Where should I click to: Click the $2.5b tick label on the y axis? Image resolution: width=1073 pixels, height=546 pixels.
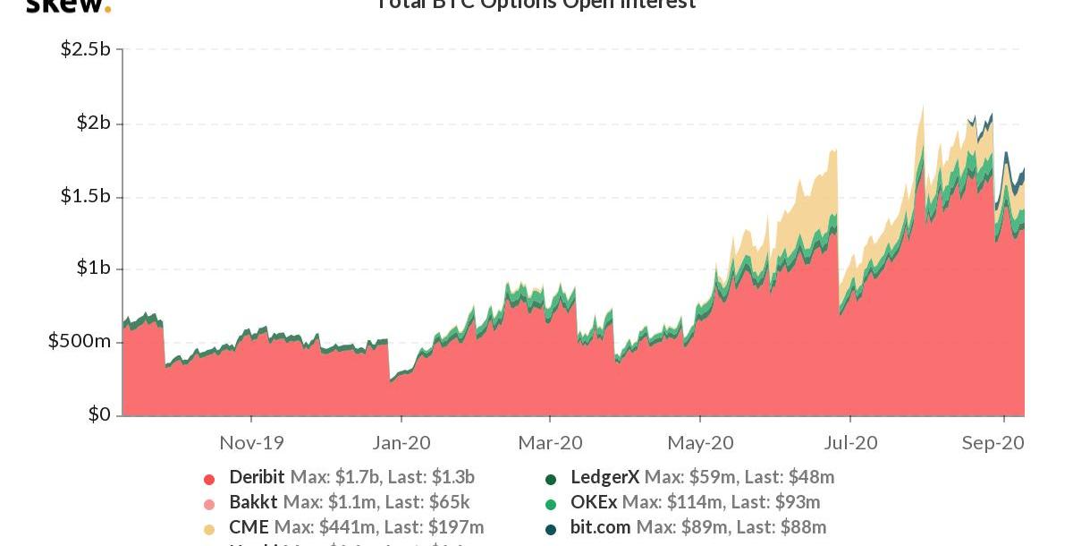pos(85,49)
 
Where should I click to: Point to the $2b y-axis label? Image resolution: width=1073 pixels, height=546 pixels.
pos(92,123)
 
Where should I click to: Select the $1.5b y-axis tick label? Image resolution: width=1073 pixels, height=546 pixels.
pos(85,196)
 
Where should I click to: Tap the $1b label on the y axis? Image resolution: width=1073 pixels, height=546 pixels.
pos(92,269)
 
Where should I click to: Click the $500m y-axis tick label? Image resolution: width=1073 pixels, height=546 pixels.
pos(80,342)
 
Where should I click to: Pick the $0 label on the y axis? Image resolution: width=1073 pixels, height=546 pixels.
pos(98,414)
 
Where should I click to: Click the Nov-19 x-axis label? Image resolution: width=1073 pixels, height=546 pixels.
pos(251,442)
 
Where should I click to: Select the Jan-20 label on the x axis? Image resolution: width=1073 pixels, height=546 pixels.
pos(401,442)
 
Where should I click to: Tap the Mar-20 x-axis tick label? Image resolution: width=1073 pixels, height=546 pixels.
pos(550,442)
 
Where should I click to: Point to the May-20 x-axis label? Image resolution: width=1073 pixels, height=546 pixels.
pos(700,442)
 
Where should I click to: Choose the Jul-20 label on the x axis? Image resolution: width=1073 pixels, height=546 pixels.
pos(849,442)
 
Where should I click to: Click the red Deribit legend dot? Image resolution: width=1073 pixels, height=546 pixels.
pos(209,479)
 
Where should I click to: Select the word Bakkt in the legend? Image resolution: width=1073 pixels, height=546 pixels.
pos(253,502)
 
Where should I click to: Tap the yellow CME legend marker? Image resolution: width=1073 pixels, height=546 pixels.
pos(209,529)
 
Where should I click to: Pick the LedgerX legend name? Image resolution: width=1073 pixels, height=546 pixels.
pos(604,477)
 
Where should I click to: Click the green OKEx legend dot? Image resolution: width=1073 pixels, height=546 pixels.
pos(551,504)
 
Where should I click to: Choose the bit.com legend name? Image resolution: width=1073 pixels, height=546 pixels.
pos(600,527)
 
